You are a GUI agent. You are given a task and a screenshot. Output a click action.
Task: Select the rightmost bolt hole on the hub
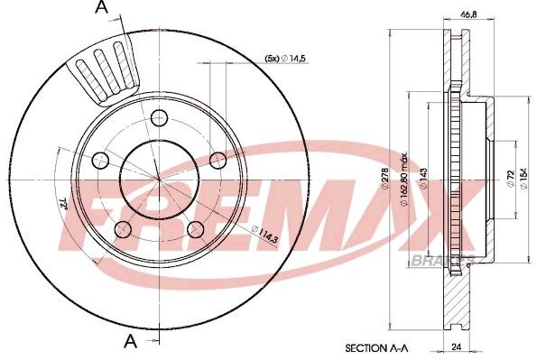[x=217, y=160]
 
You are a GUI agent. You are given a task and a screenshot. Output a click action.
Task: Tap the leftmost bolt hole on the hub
[x=99, y=159]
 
